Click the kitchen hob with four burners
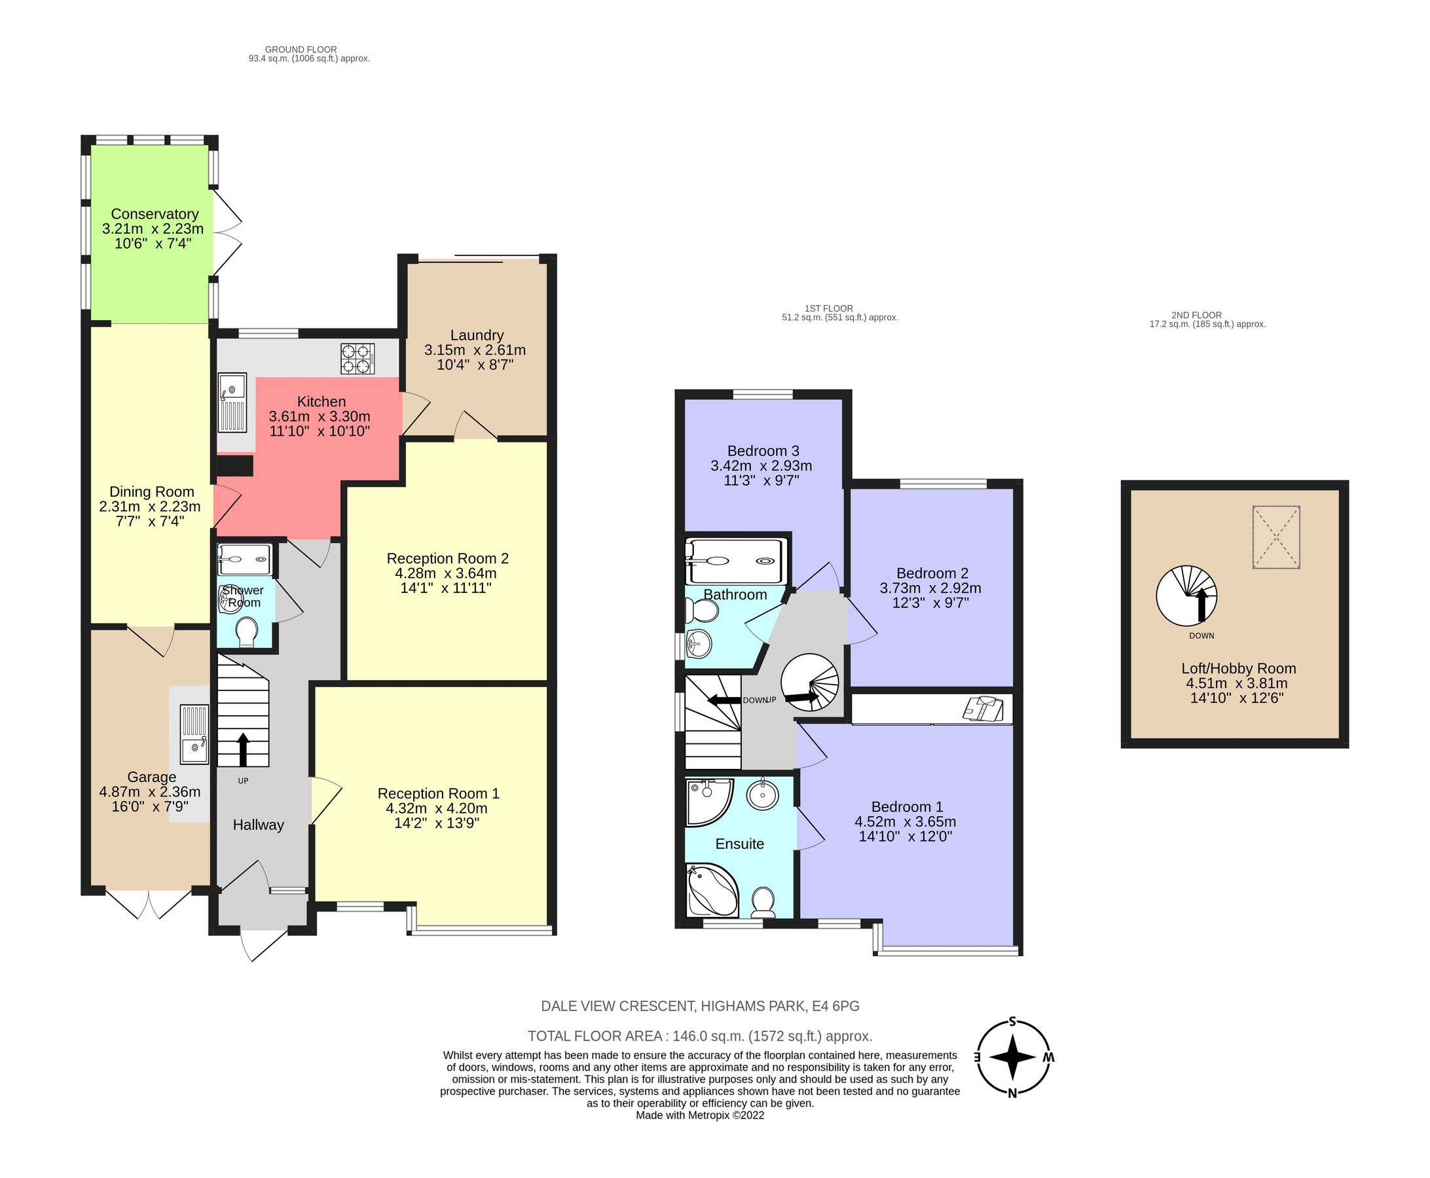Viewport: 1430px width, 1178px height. [357, 359]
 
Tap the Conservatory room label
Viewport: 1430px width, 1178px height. [154, 215]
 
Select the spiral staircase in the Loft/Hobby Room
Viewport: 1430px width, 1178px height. [1186, 596]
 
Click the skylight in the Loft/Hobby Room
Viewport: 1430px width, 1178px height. [1276, 537]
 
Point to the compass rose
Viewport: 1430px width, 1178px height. [1012, 1058]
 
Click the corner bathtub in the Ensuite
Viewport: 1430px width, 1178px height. [710, 889]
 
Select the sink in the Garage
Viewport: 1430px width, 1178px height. [194, 734]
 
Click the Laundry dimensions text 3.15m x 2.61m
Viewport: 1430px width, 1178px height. [475, 350]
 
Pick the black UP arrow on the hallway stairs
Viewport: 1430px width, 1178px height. [242, 749]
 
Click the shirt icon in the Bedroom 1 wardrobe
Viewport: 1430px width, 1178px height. [983, 707]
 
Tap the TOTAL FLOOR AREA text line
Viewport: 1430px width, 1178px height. [699, 1036]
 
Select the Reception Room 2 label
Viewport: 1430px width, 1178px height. [447, 558]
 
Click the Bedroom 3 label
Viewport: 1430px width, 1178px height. [763, 450]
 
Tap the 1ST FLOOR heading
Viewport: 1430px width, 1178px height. [828, 308]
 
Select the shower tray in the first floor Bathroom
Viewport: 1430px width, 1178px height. [737, 560]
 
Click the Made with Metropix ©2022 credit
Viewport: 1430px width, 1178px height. [699, 1115]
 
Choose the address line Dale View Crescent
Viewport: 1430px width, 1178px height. [699, 1006]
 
